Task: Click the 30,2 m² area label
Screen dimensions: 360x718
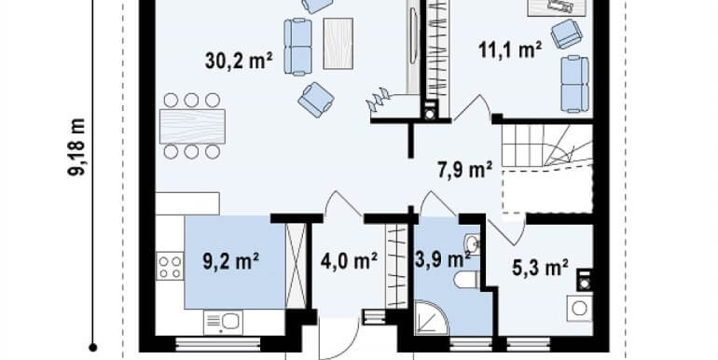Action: pyautogui.click(x=238, y=62)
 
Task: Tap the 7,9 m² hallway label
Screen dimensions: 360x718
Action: pyautogui.click(x=464, y=170)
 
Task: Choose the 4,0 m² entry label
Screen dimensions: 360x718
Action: pyautogui.click(x=349, y=260)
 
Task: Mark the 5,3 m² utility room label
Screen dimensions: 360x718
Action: pyautogui.click(x=542, y=269)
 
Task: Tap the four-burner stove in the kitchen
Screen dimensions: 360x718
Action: pyautogui.click(x=170, y=267)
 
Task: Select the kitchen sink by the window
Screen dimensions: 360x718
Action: pyautogui.click(x=222, y=322)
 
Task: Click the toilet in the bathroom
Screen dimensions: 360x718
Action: pyautogui.click(x=465, y=280)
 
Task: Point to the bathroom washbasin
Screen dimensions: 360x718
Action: pyautogui.click(x=471, y=245)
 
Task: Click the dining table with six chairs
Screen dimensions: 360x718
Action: pyautogui.click(x=193, y=126)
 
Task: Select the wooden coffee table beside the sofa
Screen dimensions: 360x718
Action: pyautogui.click(x=338, y=43)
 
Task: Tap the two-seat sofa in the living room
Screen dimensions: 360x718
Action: pyautogui.click(x=298, y=47)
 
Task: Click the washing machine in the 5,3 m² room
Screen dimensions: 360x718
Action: pyautogui.click(x=579, y=308)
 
